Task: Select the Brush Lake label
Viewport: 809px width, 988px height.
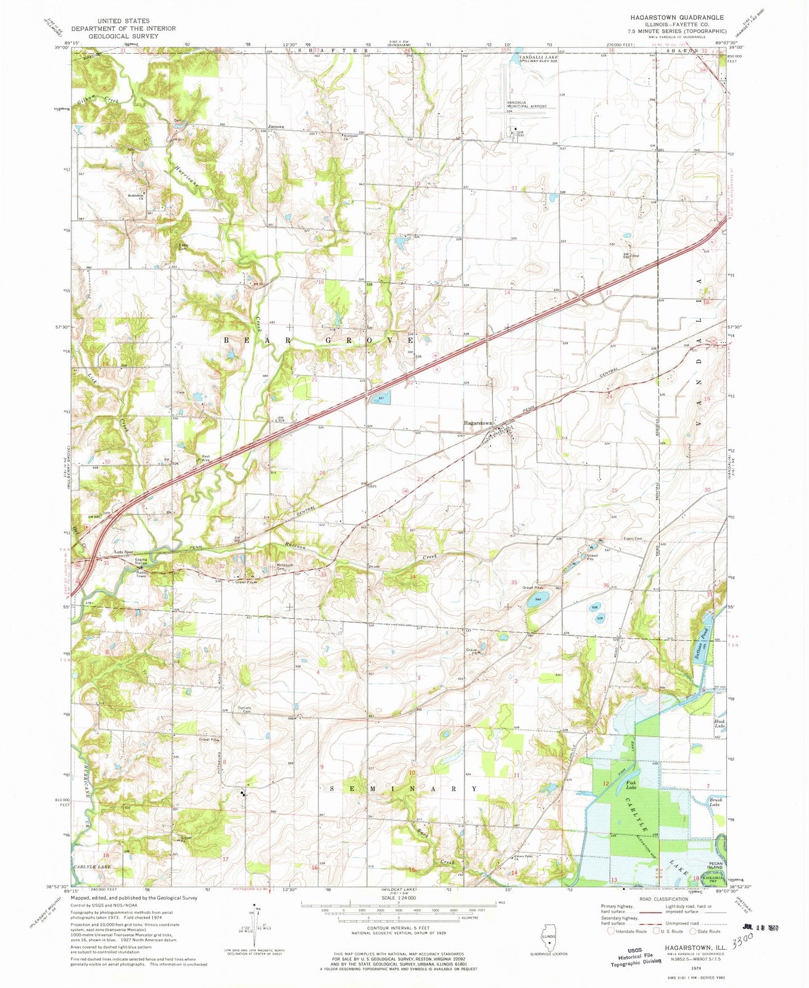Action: tap(713, 803)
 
